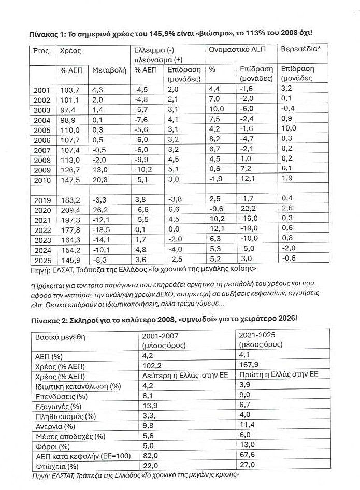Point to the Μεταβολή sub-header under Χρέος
(109, 69)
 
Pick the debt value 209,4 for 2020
(70, 210)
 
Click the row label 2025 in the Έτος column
(41, 260)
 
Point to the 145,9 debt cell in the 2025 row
(70, 260)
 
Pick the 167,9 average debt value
(247, 364)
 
